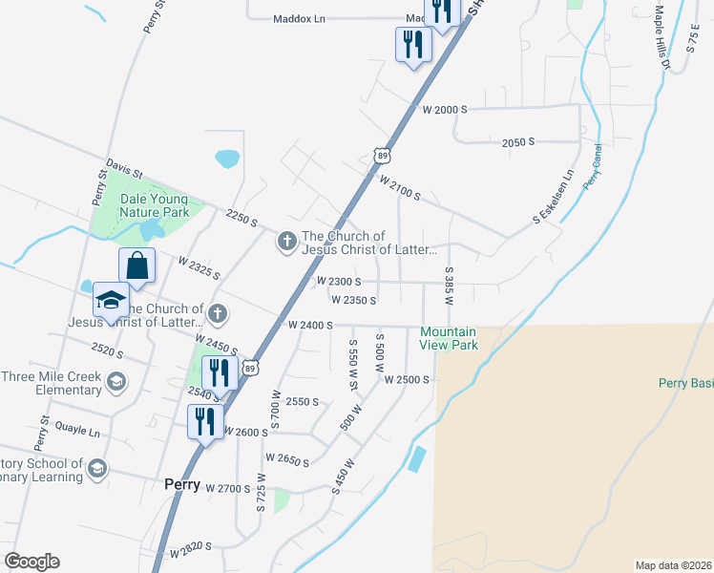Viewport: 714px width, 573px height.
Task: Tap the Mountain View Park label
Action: click(449, 338)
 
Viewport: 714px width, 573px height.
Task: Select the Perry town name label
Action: click(181, 484)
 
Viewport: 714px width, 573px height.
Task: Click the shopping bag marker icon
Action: click(136, 266)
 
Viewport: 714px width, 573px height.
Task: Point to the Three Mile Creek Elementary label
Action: click(51, 382)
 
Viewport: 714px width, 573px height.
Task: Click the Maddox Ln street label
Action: click(299, 18)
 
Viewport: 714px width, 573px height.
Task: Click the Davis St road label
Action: click(124, 170)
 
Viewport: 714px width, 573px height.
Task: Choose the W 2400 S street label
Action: click(310, 326)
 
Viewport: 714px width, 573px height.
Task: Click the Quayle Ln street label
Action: click(77, 431)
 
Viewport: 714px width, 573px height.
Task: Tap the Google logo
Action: click(31, 562)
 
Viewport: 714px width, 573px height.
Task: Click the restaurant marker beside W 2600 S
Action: click(206, 421)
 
